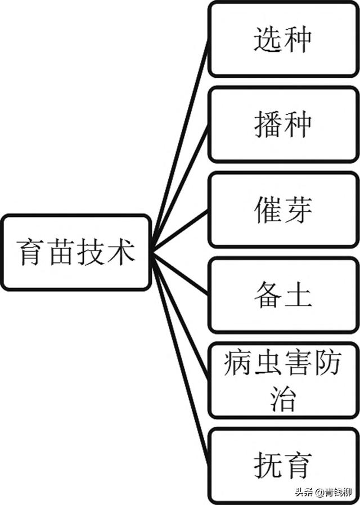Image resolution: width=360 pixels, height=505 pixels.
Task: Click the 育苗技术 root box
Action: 76,252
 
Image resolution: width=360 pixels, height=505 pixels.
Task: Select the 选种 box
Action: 283,39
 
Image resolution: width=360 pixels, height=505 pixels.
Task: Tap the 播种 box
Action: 283,124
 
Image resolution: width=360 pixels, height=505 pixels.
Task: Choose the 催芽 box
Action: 283,209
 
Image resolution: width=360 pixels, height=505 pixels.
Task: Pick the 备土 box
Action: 283,295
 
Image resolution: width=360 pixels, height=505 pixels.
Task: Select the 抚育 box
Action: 283,465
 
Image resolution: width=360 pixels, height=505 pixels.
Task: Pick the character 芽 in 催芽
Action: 298,209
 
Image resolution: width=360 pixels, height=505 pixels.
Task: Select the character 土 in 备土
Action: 298,295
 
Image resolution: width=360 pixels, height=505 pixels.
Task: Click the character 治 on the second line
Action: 283,397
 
